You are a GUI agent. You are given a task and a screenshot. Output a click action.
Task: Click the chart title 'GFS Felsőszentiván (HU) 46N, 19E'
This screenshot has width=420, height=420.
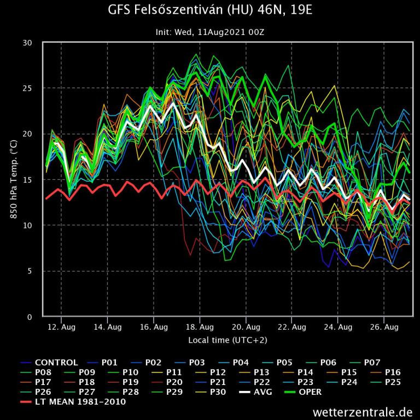(x=210, y=11)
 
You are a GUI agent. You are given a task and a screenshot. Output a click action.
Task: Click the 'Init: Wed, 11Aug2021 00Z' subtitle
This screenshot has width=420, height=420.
(x=210, y=32)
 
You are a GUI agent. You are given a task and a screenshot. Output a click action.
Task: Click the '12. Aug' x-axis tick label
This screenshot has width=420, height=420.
(x=61, y=327)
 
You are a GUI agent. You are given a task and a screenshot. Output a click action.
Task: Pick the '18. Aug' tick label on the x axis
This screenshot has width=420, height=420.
(x=200, y=327)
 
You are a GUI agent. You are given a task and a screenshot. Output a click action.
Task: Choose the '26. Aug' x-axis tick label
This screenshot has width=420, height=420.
(x=384, y=327)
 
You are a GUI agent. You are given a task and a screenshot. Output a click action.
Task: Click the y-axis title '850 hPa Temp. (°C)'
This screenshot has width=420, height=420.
(x=14, y=179)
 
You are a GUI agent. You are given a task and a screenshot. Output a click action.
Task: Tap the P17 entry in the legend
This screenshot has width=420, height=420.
(x=43, y=382)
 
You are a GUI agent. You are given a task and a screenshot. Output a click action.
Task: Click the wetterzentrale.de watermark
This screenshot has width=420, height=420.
(x=363, y=411)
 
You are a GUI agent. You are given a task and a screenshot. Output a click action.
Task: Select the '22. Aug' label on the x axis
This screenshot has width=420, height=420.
(x=291, y=327)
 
